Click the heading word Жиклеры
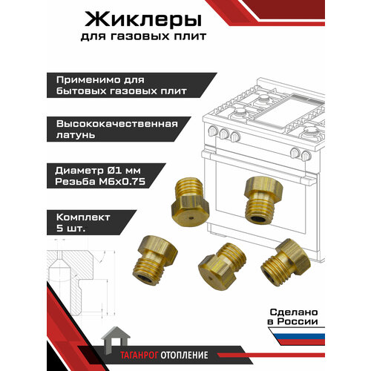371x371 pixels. (143, 20)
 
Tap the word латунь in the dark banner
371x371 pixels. (76, 135)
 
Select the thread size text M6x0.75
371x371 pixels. (122, 182)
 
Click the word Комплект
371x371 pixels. (83, 217)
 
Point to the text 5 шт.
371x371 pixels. (71, 229)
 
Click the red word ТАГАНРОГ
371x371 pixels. (139, 355)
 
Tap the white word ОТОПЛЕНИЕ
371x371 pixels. (184, 355)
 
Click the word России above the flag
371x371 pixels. (298, 321)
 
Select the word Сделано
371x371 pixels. (294, 312)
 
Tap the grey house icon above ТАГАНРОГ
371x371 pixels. (116, 339)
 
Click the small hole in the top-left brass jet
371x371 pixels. (191, 219)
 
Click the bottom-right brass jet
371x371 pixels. (285, 263)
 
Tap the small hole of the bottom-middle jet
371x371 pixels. (211, 278)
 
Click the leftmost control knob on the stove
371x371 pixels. (213, 131)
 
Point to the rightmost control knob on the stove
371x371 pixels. (306, 155)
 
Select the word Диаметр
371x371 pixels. (79, 171)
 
